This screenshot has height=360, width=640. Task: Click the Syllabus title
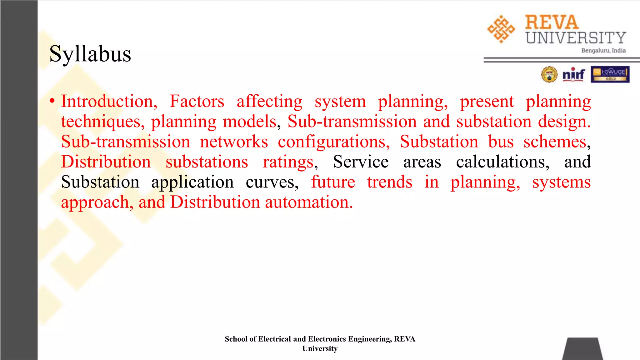coord(90,54)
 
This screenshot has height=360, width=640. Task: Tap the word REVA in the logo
coord(552,22)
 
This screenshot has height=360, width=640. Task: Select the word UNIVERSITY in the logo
coord(576,38)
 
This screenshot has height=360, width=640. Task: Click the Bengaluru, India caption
coord(603,51)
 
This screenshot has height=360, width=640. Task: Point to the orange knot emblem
coord(501,29)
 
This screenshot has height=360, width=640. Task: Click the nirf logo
coord(573,75)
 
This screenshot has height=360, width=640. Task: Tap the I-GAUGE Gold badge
coord(610,74)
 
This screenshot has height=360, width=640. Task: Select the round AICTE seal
coord(549,75)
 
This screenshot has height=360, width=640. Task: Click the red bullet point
coord(52,101)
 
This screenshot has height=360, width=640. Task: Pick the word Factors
coord(197,102)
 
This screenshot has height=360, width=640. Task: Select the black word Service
coord(361,162)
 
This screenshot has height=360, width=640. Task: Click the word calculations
coord(502,162)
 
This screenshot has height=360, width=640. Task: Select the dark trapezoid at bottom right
coord(582,349)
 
